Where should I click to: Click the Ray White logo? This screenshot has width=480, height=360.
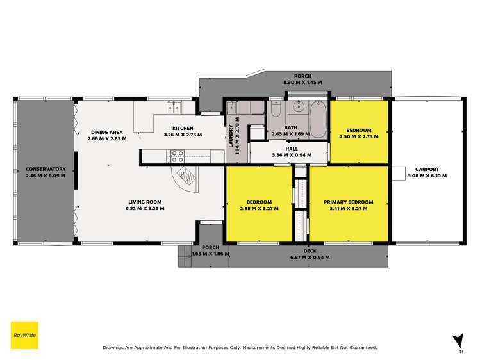point(24,335)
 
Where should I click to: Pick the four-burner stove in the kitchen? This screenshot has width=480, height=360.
point(178,154)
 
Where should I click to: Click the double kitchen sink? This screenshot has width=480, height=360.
point(174,106)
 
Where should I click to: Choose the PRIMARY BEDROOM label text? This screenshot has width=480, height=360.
point(348,202)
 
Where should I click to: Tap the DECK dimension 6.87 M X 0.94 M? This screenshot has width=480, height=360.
point(310,257)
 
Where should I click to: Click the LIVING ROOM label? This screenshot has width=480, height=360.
point(144,202)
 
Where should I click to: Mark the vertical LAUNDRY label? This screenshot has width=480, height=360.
point(231,135)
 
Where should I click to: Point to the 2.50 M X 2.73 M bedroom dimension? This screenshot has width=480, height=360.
point(359,136)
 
